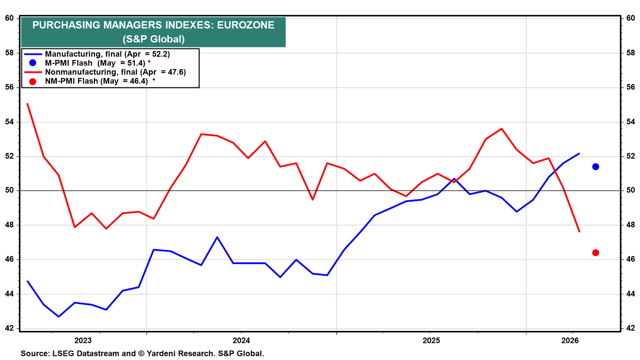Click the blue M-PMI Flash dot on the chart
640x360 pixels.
pos(596,167)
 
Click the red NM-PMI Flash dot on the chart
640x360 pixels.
pos(596,253)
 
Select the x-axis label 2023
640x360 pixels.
pos(83,340)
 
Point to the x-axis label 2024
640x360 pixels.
pos(241,340)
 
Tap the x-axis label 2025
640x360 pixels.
pos(432,340)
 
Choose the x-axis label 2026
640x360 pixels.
pos(570,340)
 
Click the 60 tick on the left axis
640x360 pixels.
pos(9,18)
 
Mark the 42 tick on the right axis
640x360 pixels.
pos(630,328)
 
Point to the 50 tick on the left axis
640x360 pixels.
pos(9,190)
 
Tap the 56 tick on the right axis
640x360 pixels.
pos(630,87)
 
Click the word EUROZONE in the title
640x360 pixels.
pos(246,25)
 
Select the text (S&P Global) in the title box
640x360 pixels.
pos(154,39)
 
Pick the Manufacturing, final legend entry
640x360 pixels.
pos(97,54)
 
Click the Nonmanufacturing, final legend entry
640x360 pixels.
pos(105,72)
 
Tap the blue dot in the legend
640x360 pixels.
pos(33,63)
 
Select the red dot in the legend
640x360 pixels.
pos(33,82)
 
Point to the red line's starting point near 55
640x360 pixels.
pos(27,104)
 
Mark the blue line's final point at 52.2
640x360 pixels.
pos(579,154)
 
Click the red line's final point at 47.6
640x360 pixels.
pos(579,232)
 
